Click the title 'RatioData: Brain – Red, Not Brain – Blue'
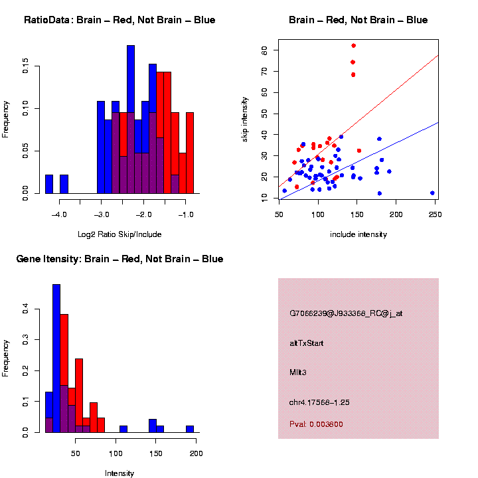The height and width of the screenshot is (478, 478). click(119, 20)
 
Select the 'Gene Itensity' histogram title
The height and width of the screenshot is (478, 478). click(119, 259)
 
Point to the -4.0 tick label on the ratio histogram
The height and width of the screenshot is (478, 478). click(60, 214)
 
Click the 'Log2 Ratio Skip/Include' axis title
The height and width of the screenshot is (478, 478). click(119, 234)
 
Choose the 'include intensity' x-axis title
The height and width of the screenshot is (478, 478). click(358, 234)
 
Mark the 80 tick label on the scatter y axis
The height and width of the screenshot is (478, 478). click(264, 50)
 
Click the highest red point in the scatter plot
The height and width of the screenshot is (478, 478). click(353, 46)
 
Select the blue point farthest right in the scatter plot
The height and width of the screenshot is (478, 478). click(432, 193)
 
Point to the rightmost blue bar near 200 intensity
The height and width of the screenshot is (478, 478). click(190, 429)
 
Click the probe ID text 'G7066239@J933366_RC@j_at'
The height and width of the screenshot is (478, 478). click(346, 313)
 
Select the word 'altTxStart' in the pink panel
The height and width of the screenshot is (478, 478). click(306, 343)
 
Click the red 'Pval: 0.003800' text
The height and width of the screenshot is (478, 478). click(316, 424)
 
